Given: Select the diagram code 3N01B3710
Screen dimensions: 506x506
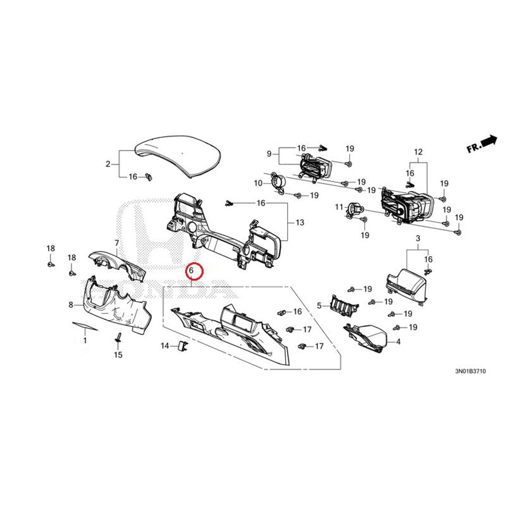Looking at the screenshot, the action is (470, 371).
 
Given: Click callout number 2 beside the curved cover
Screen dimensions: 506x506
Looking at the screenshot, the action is (108, 164).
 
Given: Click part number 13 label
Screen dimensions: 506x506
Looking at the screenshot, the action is (300, 223).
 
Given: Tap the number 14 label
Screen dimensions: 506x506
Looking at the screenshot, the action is (165, 346).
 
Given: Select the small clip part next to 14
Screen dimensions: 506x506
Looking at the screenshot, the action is (183, 345).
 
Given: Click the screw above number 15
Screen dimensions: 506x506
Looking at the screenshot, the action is (119, 338).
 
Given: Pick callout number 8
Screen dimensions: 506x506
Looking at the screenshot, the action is (71, 305).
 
